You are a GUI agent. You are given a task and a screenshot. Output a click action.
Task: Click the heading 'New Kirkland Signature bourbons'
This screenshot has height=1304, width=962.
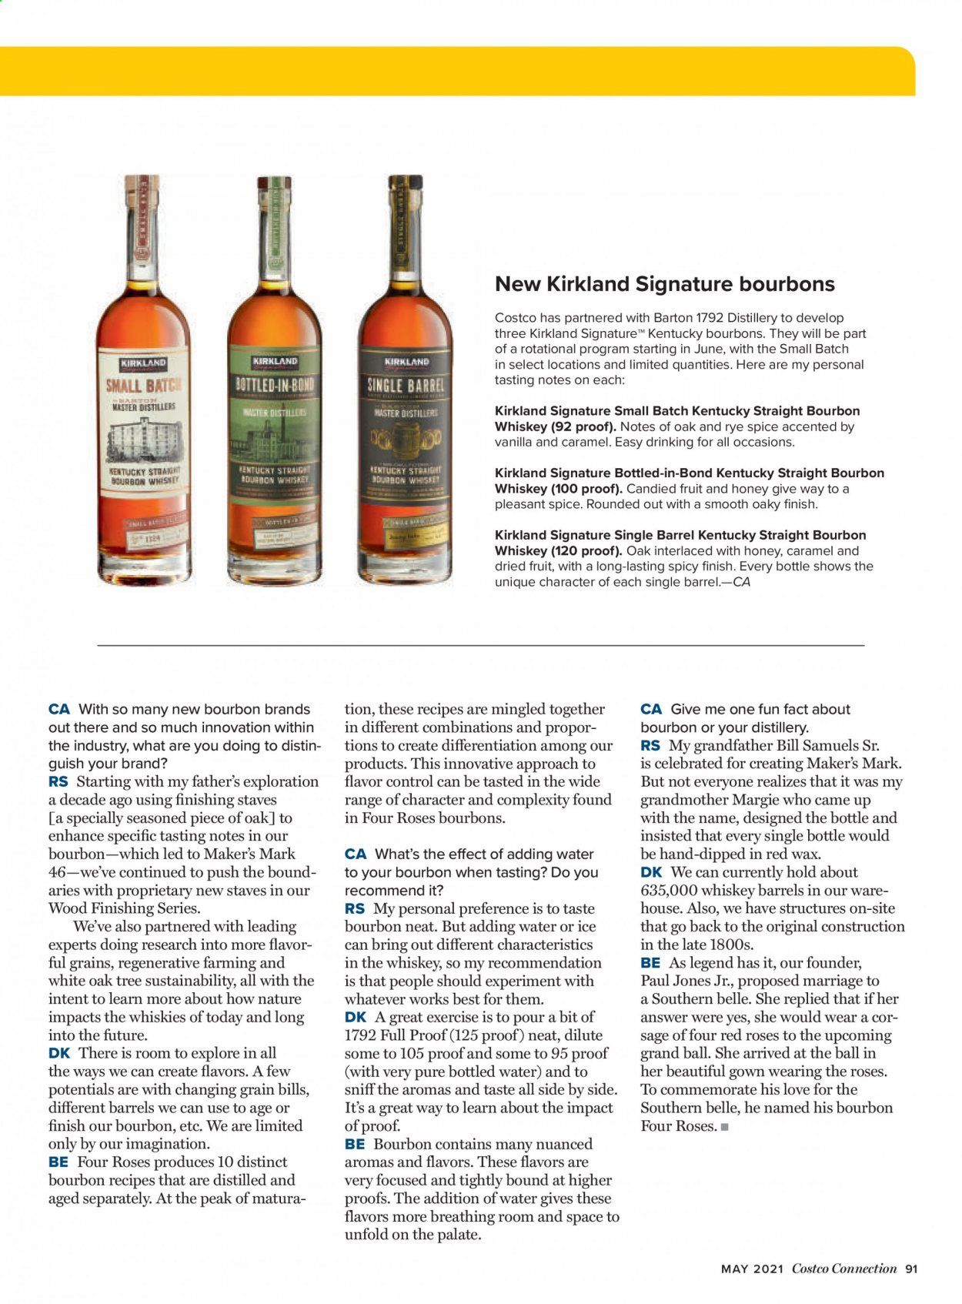(664, 284)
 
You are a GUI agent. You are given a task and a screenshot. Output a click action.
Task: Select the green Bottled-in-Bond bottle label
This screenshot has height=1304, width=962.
(275, 431)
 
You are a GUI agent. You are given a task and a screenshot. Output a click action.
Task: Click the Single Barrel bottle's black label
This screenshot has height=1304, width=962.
(406, 431)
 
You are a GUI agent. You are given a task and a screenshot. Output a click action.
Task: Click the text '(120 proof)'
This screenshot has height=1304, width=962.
(586, 551)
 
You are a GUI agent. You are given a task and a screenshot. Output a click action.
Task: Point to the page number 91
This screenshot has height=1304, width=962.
(911, 1269)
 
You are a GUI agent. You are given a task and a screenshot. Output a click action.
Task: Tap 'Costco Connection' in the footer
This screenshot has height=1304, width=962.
(844, 1269)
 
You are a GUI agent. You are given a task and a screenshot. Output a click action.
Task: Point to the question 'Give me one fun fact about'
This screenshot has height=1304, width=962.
(760, 709)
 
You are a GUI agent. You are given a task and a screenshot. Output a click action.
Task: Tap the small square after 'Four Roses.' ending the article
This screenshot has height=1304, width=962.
(724, 1127)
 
